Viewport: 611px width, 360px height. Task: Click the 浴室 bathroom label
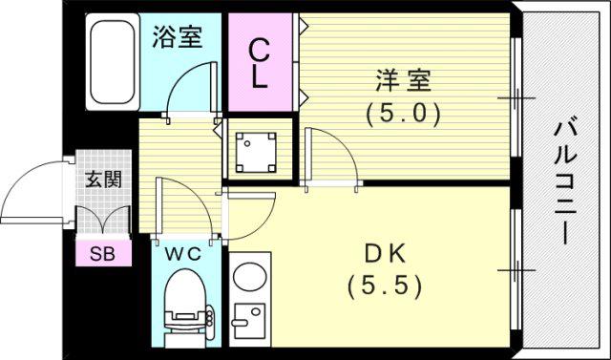coord(178,37)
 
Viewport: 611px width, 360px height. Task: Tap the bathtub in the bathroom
coord(113,61)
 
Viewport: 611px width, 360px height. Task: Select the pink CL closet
coord(261,62)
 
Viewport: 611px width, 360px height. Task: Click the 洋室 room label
coord(403,80)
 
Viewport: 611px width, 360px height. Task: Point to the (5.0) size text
coord(403,115)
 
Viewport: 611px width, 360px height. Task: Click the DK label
coord(385,254)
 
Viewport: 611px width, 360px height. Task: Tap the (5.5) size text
coord(385,287)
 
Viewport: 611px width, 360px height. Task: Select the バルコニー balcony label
coord(565,182)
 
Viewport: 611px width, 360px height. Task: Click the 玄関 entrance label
coord(104,180)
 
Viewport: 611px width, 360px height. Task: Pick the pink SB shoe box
coord(103,253)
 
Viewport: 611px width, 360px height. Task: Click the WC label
coord(182,254)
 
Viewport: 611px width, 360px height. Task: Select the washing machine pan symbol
coord(256,153)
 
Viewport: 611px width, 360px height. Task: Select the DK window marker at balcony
coord(516,270)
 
